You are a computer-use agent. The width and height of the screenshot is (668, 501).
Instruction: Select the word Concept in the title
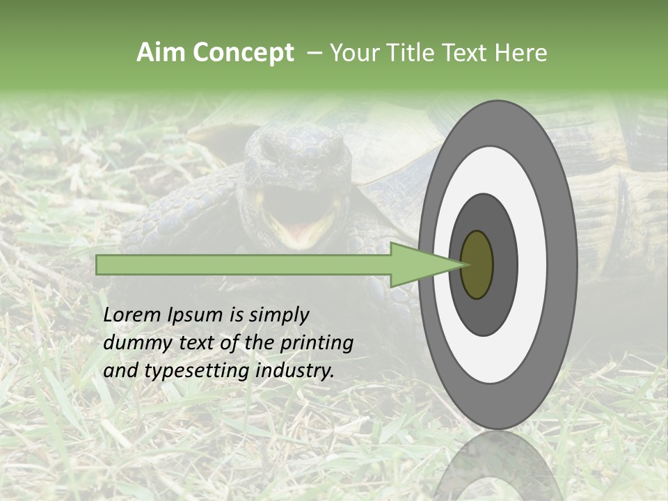click(x=244, y=53)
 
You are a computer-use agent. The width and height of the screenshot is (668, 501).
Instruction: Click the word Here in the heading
click(x=521, y=53)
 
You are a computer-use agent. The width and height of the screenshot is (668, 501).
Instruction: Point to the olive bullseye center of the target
click(x=477, y=264)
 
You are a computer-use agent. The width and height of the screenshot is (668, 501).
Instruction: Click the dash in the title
click(x=314, y=53)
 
